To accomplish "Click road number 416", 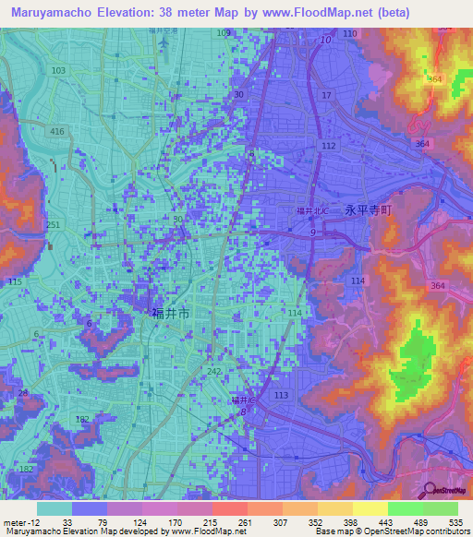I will (x=57, y=133).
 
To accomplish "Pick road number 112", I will (x=328, y=146).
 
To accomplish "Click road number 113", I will (x=282, y=394).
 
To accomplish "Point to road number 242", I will (x=215, y=371).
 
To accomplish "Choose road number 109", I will (x=224, y=33).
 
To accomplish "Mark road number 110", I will (x=349, y=33).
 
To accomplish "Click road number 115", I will (x=14, y=280).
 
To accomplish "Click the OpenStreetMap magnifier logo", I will (x=430, y=491).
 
